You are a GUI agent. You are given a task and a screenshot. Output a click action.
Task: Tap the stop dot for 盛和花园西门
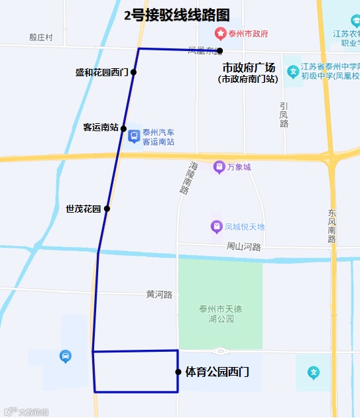coord(133,72)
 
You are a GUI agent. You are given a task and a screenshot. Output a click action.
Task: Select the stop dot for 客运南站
coord(123,129)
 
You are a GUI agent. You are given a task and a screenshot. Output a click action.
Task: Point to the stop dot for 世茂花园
coord(107,209)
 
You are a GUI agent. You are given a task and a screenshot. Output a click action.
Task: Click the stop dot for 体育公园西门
coord(178,372)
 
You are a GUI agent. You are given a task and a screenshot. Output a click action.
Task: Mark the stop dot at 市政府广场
coord(219,51)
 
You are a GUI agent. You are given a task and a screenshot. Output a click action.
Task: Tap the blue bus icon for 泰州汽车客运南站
coord(133,137)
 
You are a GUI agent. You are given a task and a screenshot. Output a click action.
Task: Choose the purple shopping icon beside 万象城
coord(219,168)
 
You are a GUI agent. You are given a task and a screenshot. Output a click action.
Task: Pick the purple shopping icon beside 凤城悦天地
coord(216,227)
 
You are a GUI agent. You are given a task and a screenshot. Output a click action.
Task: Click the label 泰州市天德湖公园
coord(220,313)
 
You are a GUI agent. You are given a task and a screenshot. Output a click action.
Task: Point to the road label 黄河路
coord(159,294)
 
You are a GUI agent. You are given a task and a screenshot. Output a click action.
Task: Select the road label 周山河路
coord(244,247)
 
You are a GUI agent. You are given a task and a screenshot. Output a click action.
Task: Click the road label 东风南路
coord(332,226)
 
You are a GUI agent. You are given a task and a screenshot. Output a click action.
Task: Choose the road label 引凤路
coord(284,115)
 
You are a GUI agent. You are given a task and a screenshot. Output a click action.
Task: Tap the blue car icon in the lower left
coord(65,356)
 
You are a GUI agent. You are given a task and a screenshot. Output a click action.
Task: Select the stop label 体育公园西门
coord(217,372)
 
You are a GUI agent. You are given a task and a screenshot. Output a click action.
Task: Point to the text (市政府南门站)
coord(248,79)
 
